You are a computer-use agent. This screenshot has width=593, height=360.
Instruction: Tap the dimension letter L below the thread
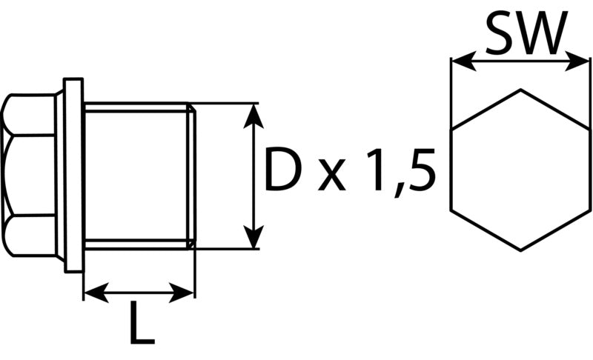142,322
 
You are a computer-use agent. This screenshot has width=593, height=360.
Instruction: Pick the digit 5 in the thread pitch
419,169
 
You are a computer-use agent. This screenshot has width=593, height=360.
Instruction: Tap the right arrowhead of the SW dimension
577,61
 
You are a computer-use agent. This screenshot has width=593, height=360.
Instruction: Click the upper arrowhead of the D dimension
253,116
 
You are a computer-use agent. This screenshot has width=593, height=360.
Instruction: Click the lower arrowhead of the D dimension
253,236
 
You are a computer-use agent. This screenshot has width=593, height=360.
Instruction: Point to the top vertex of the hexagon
520,90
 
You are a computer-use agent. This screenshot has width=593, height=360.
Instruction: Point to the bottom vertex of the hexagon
520,250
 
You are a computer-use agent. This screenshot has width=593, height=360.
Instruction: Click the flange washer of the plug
73,175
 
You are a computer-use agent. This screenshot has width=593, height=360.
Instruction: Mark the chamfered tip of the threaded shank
192,176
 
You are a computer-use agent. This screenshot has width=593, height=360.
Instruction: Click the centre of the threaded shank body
136,176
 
